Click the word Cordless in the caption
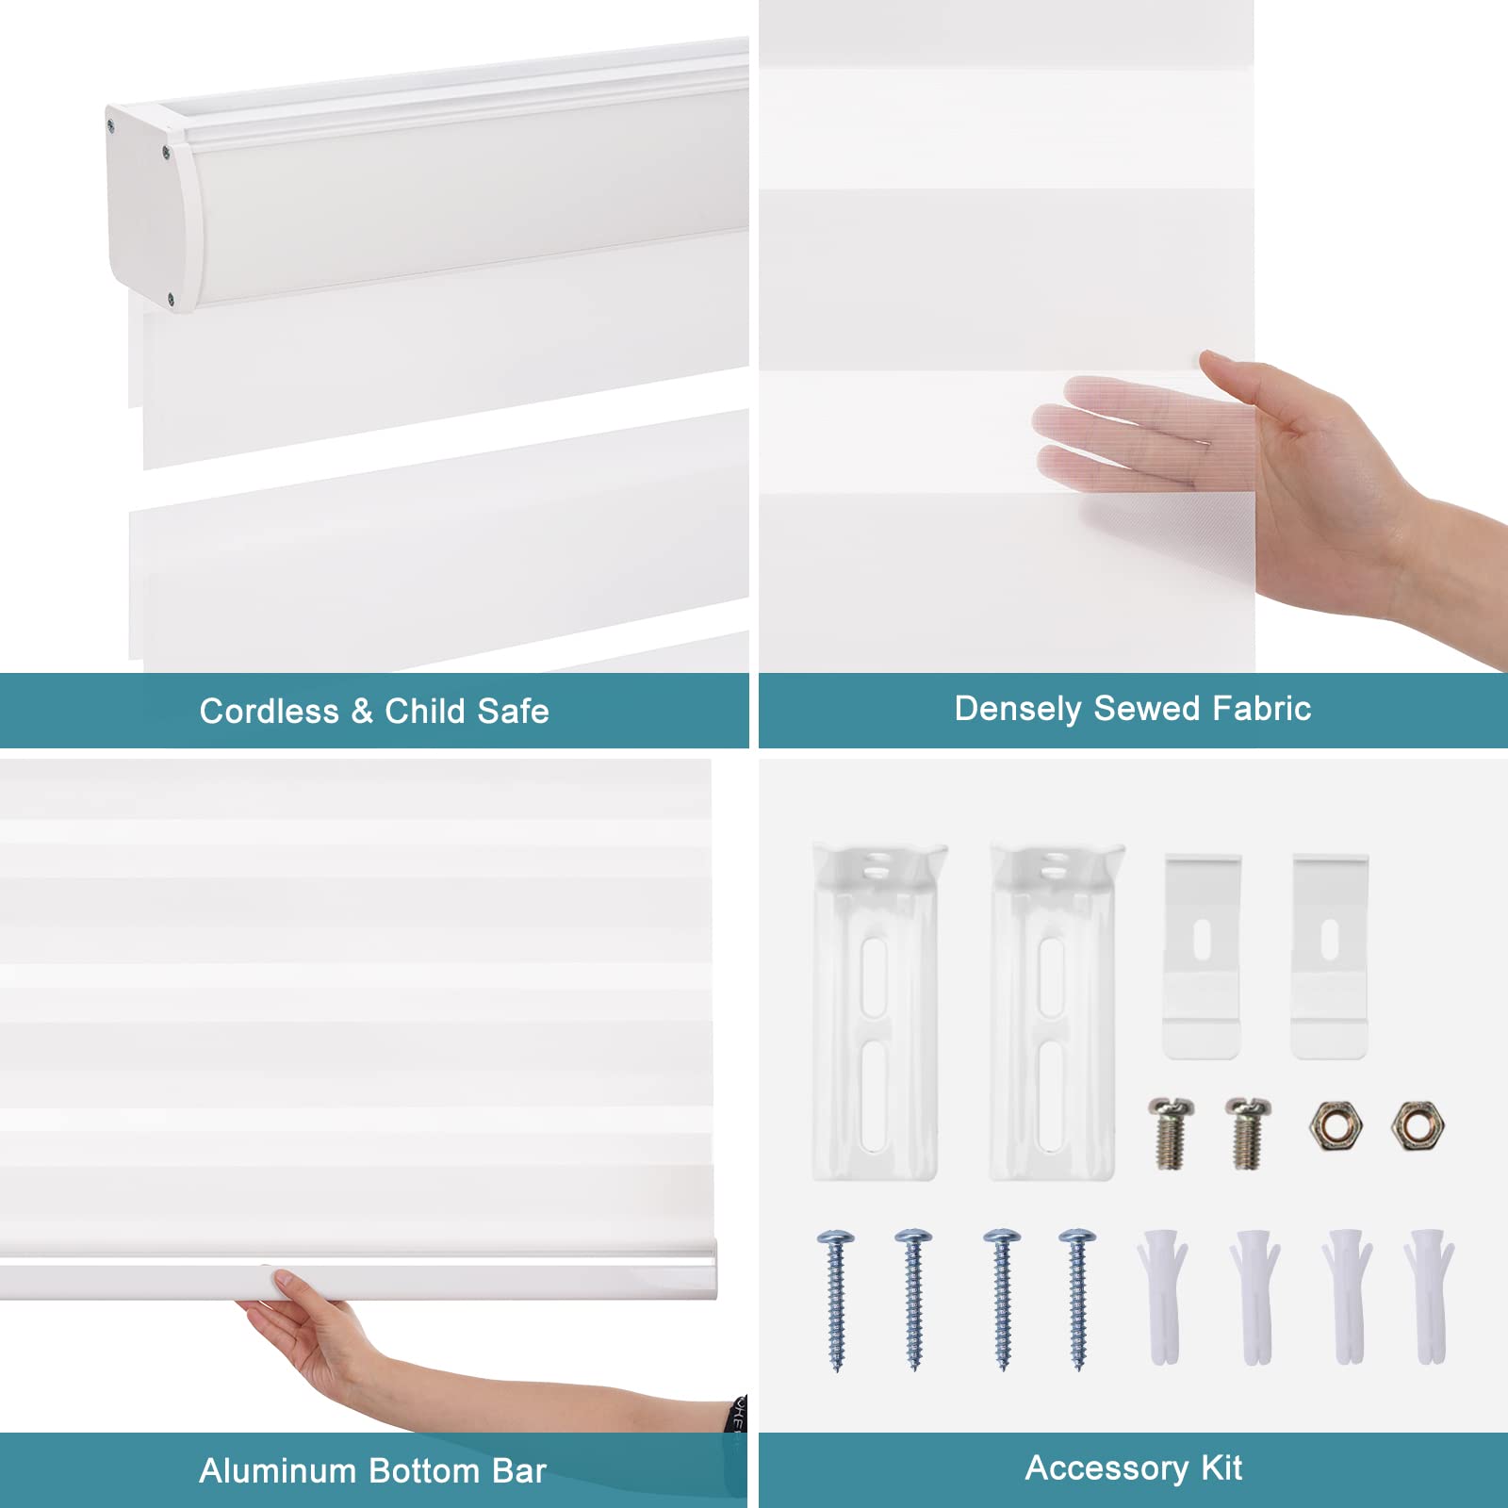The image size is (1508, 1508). point(269,712)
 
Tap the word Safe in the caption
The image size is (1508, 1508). point(515,712)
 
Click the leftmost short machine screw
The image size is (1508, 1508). point(1171,1133)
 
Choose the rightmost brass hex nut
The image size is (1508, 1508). point(1418,1125)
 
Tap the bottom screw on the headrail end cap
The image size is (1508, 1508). point(171,301)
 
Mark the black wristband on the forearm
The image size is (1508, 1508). point(739,1414)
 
